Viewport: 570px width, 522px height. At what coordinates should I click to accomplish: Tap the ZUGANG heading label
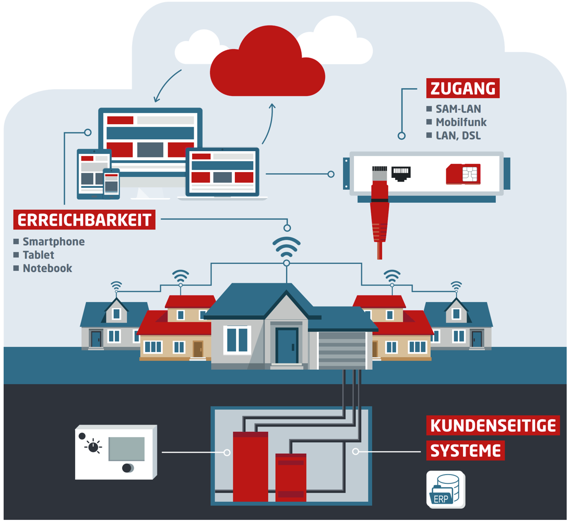(x=463, y=88)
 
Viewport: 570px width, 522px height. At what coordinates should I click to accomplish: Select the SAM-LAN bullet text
(x=458, y=109)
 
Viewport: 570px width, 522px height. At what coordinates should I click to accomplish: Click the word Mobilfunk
(x=461, y=123)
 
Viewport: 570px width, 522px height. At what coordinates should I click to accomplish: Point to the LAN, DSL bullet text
(x=458, y=136)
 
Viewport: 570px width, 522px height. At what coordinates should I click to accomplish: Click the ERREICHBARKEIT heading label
(x=85, y=220)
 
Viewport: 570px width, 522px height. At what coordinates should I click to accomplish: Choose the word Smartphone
(x=53, y=242)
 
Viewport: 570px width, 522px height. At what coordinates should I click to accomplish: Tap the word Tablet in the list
(x=38, y=255)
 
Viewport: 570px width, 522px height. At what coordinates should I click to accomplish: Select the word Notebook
(x=47, y=269)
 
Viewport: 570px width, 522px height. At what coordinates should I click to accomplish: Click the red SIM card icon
(x=463, y=174)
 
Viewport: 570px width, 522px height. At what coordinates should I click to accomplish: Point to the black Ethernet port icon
(x=401, y=174)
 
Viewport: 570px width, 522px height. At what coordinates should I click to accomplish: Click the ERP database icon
(x=445, y=490)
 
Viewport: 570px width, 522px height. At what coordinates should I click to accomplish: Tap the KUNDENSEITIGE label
(x=493, y=426)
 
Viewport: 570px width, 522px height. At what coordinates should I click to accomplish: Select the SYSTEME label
(x=465, y=451)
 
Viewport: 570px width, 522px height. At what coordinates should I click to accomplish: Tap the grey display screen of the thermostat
(x=126, y=448)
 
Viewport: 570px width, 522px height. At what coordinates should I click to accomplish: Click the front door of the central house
(x=287, y=345)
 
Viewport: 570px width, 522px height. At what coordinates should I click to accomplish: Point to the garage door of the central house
(x=341, y=350)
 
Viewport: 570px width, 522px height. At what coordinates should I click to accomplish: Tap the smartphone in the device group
(x=111, y=183)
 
